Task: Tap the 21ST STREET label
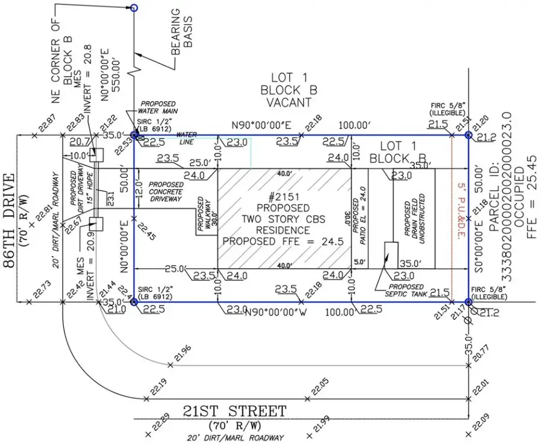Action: coord(235,412)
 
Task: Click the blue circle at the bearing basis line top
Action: coord(134,8)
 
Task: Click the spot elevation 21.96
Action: coord(181,355)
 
